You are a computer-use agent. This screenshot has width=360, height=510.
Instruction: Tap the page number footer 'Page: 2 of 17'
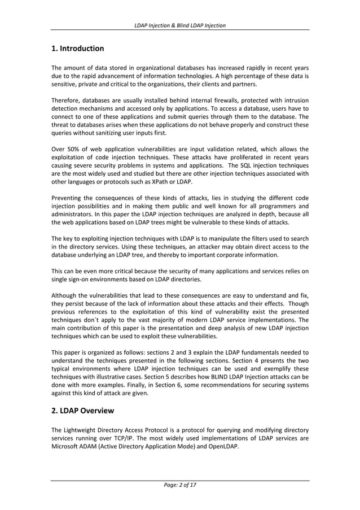(180, 485)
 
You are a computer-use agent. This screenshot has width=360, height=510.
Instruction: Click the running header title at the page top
(180, 25)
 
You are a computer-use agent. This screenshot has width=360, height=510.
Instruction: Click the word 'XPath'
(159, 181)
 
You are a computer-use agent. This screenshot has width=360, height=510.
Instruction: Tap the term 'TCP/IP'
(136, 438)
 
